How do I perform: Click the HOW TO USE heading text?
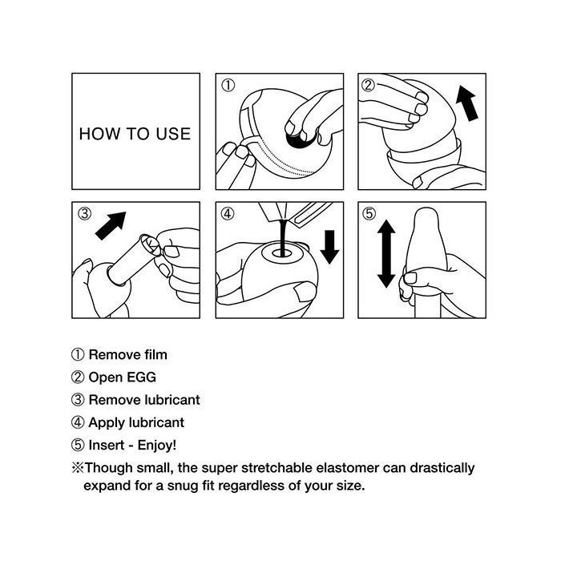pos(135,134)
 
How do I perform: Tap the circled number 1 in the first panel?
pos(228,86)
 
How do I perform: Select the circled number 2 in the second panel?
pos(369,85)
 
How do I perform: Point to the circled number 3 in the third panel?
pos(85,214)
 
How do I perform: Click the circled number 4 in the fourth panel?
pos(228,214)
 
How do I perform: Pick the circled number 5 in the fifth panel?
pos(369,214)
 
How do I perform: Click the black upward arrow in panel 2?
pos(467,103)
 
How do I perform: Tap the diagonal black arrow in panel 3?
pos(111,226)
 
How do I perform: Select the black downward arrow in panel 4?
pos(329,247)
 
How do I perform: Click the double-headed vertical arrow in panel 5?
pos(386,254)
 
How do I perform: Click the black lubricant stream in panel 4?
pos(283,237)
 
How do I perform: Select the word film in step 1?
pos(156,354)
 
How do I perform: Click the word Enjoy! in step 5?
pos(157,446)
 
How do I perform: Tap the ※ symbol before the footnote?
pos(78,467)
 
